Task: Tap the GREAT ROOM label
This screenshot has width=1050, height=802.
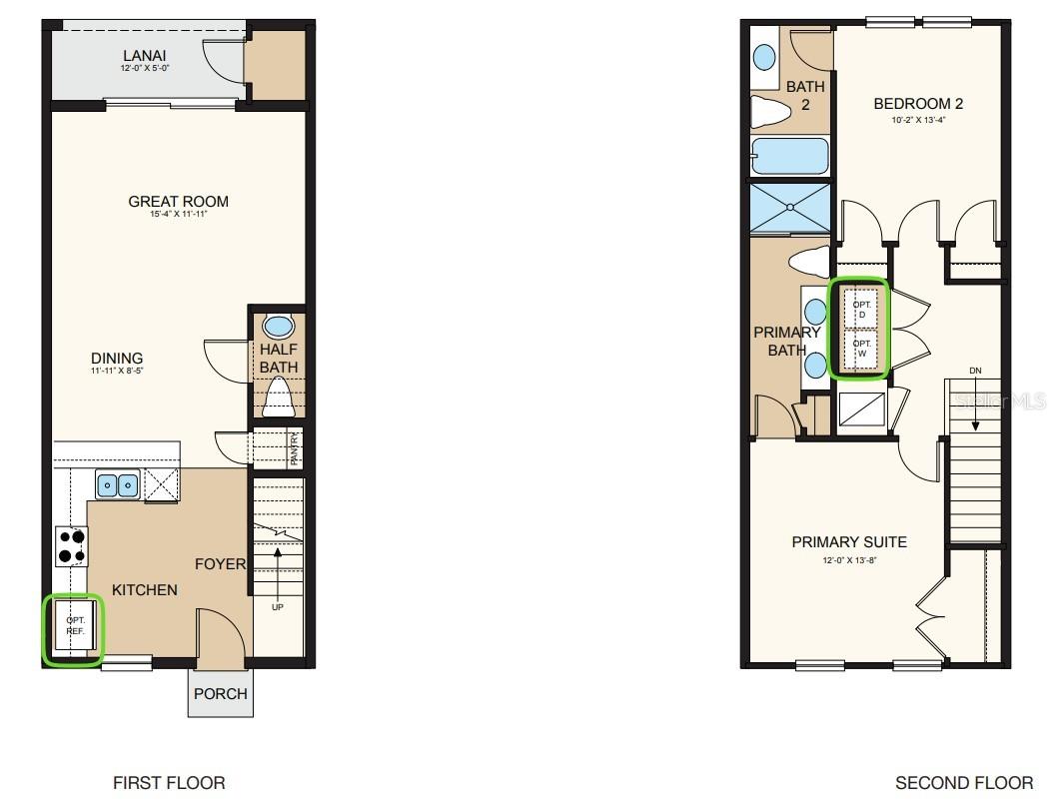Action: pos(178,202)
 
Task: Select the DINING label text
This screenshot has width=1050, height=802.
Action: pos(117,359)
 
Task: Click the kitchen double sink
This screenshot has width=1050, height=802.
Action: pos(119,485)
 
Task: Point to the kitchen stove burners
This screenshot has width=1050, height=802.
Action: pos(71,546)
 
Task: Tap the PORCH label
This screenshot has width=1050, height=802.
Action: pos(220,693)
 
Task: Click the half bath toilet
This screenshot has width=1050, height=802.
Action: pos(279,397)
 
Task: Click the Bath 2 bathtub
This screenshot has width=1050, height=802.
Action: pos(789,157)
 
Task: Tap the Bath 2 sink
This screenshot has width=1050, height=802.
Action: pos(764,57)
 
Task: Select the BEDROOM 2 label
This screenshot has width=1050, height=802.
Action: pos(917,104)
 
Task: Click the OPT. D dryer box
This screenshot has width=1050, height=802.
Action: pos(862,308)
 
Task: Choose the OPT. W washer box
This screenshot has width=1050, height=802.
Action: pos(862,349)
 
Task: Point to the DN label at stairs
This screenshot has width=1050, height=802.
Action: pos(975,371)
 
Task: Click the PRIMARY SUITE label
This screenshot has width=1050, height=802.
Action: pos(849,542)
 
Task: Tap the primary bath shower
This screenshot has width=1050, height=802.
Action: pos(789,209)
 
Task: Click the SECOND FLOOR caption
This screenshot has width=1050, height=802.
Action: pos(964,783)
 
